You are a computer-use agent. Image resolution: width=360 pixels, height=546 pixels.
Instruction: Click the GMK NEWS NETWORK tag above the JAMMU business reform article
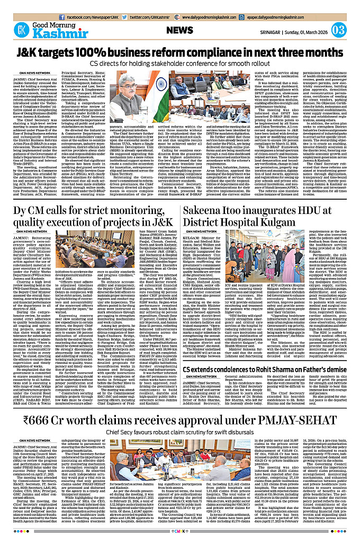tap(34, 73)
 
